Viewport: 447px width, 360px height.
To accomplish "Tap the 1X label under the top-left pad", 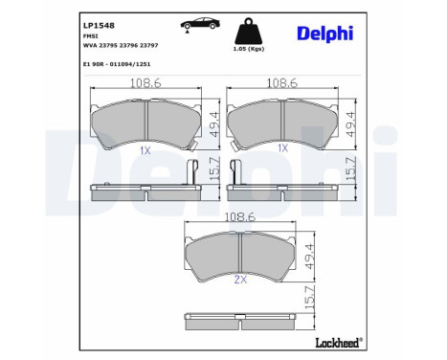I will [145, 149].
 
